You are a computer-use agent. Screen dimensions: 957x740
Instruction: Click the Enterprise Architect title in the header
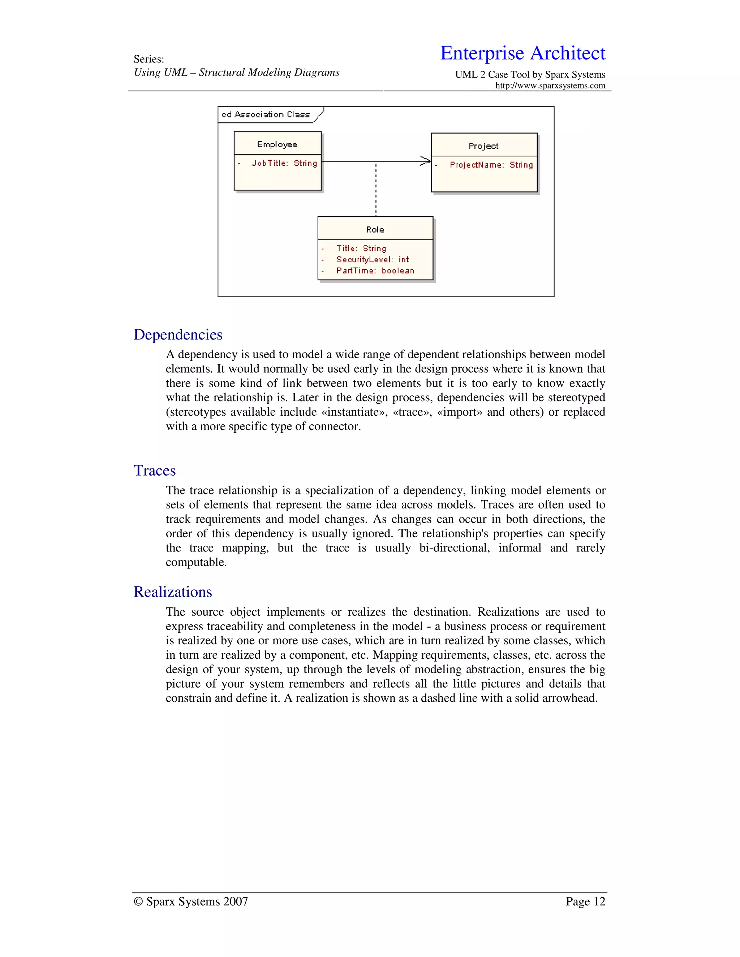(522, 53)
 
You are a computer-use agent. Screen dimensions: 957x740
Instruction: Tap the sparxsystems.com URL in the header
(550, 86)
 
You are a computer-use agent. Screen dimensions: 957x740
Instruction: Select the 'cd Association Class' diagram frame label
(266, 115)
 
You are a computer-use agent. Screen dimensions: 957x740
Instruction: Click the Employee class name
(277, 144)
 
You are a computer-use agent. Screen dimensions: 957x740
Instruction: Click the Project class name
(483, 146)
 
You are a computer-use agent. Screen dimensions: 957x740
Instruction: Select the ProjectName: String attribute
(491, 165)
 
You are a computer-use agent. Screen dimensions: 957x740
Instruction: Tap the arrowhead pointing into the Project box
(426, 161)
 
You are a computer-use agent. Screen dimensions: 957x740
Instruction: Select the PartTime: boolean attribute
(375, 271)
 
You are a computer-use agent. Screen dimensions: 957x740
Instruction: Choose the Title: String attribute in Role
(361, 248)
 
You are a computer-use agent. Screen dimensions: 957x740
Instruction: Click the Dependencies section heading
(178, 335)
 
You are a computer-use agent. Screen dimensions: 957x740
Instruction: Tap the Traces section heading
(154, 471)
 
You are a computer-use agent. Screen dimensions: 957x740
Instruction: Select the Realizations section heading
(173, 592)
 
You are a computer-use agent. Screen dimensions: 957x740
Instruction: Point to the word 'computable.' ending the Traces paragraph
(196, 562)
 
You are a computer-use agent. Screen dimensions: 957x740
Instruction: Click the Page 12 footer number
(585, 901)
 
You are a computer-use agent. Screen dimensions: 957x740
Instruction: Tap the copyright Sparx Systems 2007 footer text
(191, 901)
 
